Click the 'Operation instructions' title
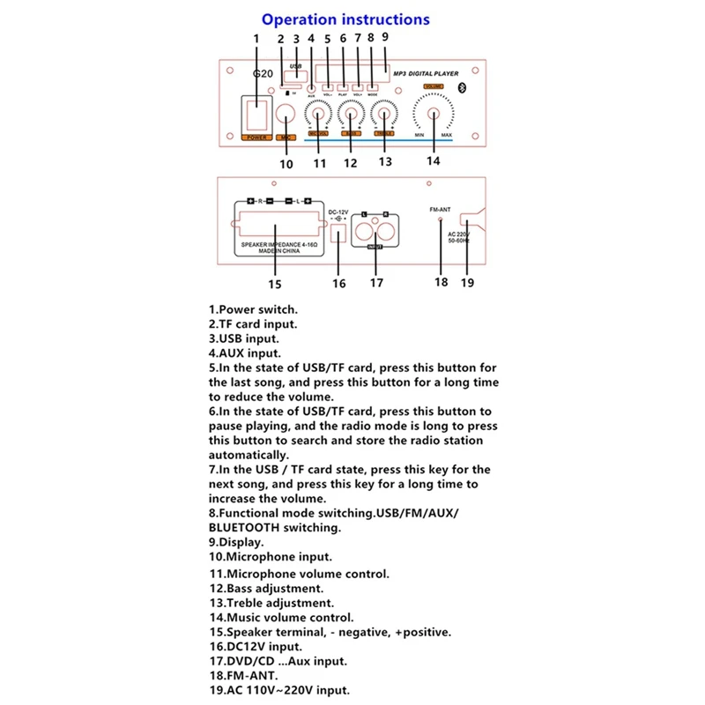click(x=345, y=19)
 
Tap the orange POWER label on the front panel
click(x=256, y=137)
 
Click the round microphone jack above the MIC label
click(x=286, y=115)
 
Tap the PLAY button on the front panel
click(x=343, y=86)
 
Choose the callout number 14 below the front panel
click(x=432, y=161)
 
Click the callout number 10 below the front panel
click(x=286, y=163)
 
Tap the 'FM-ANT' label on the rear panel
click(x=440, y=209)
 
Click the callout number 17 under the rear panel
click(x=377, y=283)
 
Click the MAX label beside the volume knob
click(x=459, y=135)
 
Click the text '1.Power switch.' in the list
click(x=253, y=309)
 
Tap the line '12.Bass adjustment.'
click(x=266, y=588)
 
